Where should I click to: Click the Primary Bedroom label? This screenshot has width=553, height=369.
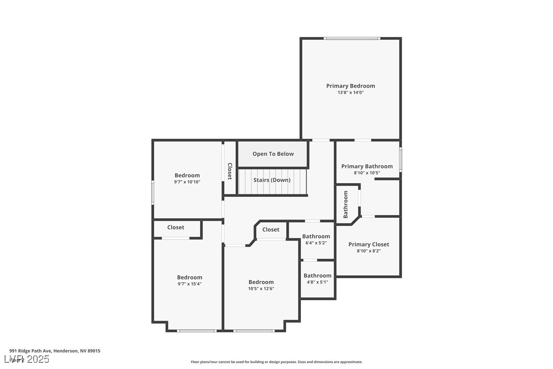(x=350, y=86)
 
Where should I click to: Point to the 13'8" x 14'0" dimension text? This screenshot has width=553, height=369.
(x=350, y=93)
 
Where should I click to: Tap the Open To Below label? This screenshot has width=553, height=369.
(x=273, y=154)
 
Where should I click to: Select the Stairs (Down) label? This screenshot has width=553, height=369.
(x=272, y=180)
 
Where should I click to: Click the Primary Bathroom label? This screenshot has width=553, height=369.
(x=367, y=166)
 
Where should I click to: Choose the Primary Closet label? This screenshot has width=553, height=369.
(x=369, y=244)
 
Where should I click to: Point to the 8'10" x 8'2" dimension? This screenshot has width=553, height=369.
(x=369, y=251)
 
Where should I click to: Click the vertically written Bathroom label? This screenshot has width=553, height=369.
(x=346, y=204)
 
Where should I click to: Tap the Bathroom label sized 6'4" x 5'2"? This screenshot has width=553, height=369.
(x=316, y=236)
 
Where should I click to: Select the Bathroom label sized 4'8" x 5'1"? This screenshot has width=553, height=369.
(x=317, y=276)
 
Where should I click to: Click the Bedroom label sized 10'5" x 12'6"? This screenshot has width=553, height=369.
(x=261, y=282)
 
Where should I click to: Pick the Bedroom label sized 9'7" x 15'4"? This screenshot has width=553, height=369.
(x=189, y=277)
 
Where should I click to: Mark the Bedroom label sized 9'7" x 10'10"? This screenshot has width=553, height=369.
(x=187, y=175)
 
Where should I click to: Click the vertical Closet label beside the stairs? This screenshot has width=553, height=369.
(x=230, y=171)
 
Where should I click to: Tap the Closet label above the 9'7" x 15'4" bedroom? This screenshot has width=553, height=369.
(x=176, y=227)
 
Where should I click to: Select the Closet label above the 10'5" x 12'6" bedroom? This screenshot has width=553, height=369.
(x=271, y=230)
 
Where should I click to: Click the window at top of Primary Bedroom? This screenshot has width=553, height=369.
(x=352, y=38)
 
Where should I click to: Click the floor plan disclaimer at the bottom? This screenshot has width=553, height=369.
(x=276, y=362)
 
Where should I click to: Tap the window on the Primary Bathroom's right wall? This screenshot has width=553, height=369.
(x=400, y=159)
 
